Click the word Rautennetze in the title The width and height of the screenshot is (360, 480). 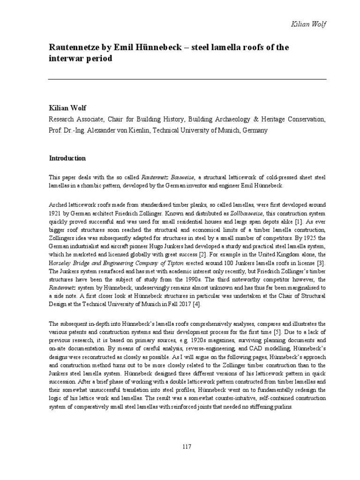click(x=72, y=47)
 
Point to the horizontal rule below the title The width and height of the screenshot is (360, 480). click(x=187, y=79)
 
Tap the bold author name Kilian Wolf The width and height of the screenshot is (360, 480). click(x=67, y=108)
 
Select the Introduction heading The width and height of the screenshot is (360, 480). click(x=67, y=158)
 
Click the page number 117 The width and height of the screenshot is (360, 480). click(x=187, y=447)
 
